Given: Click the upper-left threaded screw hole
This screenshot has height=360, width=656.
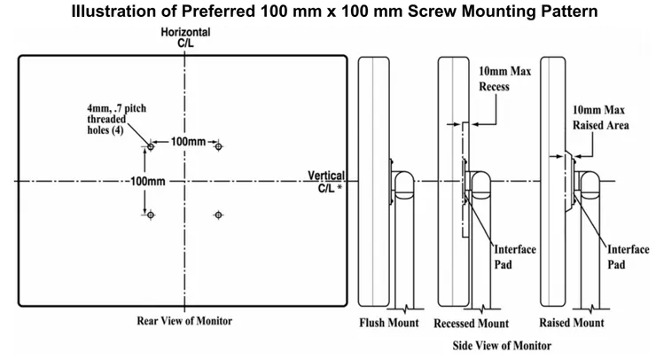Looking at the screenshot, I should click(151, 146).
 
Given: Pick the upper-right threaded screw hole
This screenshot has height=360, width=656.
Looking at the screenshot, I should click(219, 146).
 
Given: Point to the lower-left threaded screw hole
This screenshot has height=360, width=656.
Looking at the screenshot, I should click(151, 215).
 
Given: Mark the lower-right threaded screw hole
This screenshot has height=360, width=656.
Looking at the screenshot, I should click(219, 215).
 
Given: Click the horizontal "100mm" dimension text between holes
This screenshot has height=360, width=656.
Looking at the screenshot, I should click(188, 142).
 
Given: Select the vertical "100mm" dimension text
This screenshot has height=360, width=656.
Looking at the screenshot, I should click(147, 181).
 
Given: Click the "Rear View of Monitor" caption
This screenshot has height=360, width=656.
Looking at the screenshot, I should click(184, 320).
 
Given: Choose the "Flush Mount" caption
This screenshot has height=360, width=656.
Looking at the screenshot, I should click(388, 323).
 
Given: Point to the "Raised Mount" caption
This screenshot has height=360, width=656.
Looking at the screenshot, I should click(574, 323).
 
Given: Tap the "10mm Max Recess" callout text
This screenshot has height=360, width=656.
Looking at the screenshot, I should click(504, 79).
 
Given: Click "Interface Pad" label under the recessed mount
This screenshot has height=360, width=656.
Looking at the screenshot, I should click(514, 256).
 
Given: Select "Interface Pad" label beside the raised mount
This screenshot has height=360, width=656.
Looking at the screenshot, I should click(628, 256).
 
